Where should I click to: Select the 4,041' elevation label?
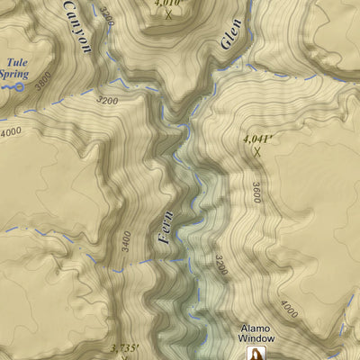click(257, 139)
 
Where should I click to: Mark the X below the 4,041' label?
click(257, 153)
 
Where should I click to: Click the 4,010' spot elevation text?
click(168, 4)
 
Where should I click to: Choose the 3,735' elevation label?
click(123, 347)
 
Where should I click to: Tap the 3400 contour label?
click(126, 240)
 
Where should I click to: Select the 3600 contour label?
click(256, 192)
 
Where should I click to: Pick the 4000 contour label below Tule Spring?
click(11, 131)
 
